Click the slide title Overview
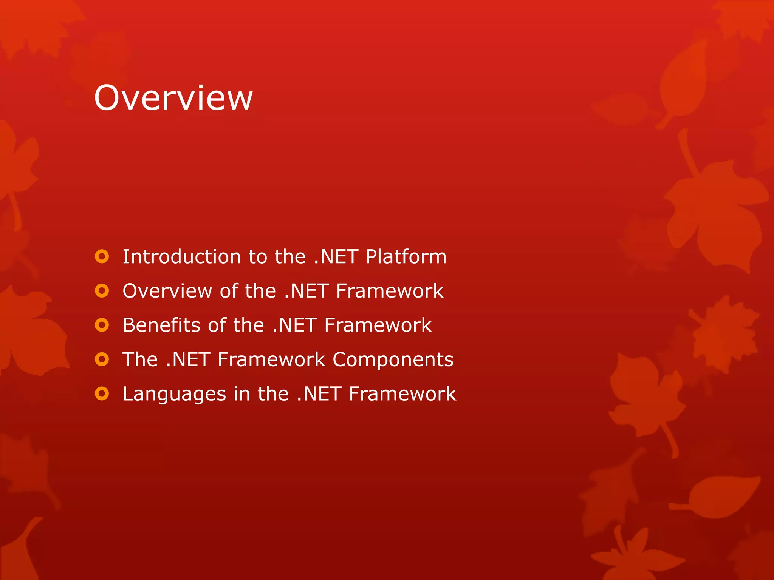(173, 98)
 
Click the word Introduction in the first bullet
(181, 257)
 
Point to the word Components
(393, 360)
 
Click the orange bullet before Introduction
(102, 257)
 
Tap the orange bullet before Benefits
(102, 325)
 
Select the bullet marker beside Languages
(102, 394)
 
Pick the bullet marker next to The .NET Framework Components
(102, 359)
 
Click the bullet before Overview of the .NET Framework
(102, 291)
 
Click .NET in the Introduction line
(336, 257)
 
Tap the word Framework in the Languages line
(402, 394)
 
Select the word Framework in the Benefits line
(378, 325)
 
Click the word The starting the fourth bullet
(140, 359)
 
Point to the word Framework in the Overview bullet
(389, 291)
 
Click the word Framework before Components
(271, 359)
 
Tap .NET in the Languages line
(319, 394)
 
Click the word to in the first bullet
(258, 257)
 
